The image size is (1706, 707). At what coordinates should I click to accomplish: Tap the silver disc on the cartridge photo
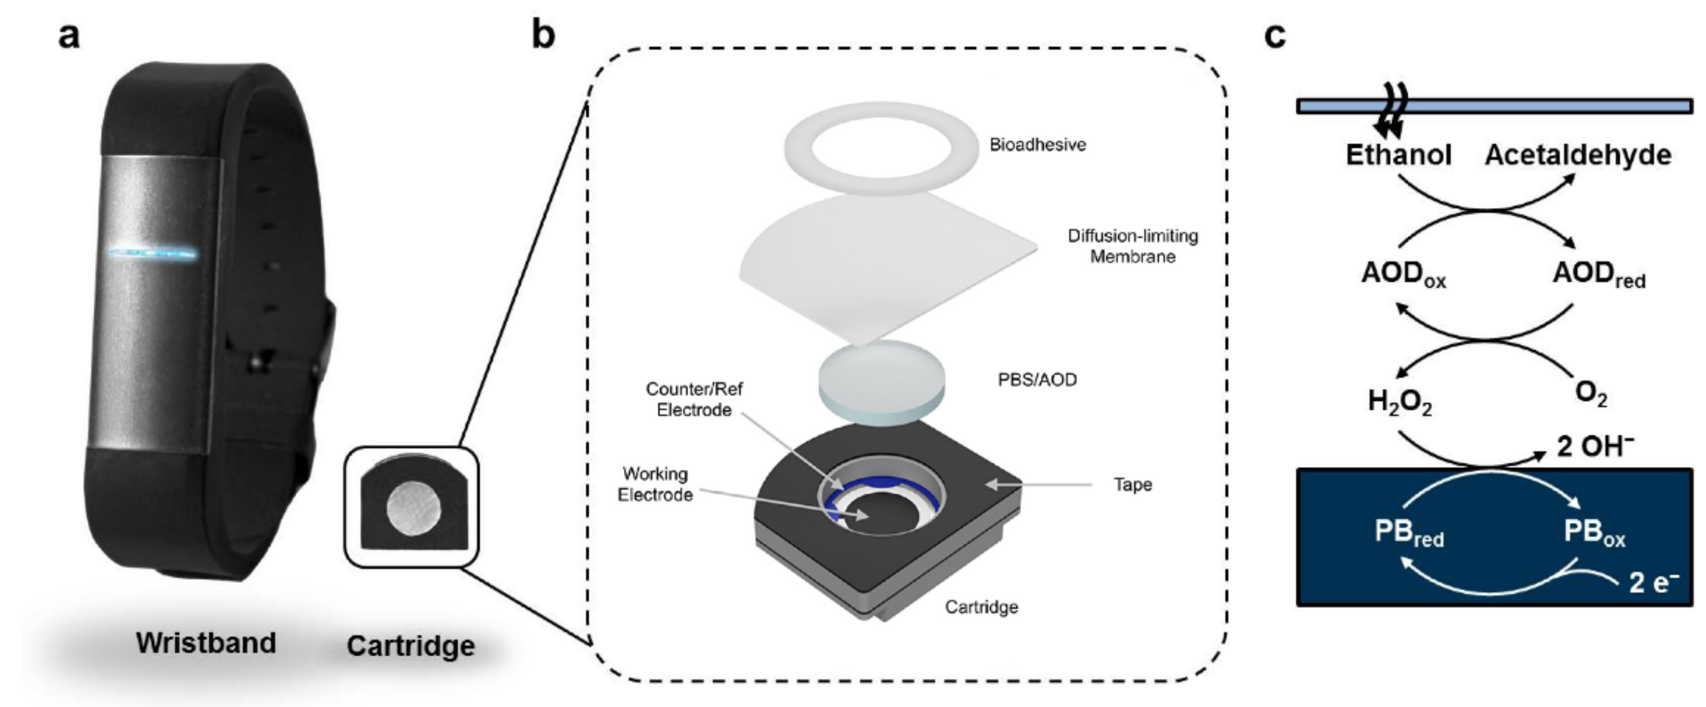[413, 508]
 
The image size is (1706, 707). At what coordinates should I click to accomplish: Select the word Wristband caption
[206, 643]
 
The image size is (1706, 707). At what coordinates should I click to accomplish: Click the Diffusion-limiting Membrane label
[1132, 246]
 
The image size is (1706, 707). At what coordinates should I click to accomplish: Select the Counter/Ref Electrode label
[694, 399]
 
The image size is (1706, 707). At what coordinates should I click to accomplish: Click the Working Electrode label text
[655, 484]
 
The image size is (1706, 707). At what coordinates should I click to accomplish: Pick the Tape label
[1132, 484]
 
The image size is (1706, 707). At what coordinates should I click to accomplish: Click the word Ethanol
[1398, 155]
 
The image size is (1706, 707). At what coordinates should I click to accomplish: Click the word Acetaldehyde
[1578, 155]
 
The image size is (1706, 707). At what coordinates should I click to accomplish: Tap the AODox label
[1403, 274]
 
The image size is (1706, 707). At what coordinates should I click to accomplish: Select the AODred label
[1598, 274]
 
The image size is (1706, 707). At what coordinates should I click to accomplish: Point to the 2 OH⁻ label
[1595, 446]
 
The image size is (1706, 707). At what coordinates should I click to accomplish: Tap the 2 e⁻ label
[1654, 582]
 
